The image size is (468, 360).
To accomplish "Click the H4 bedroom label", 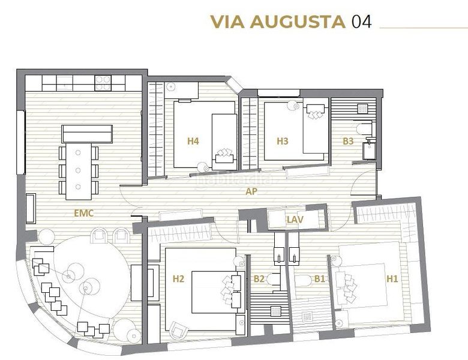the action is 193,141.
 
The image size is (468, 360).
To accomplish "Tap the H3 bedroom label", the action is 283,141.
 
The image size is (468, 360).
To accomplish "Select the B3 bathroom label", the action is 348,141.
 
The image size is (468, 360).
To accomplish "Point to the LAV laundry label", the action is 295,220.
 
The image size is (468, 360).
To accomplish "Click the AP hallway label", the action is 251,191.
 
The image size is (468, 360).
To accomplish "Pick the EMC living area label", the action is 84,213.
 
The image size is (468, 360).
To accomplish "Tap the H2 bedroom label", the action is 178,279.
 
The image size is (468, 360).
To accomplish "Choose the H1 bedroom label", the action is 392,279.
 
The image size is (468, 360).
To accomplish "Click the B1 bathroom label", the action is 320,279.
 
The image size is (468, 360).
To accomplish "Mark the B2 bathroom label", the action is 259,279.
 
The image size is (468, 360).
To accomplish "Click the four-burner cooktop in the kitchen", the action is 103,83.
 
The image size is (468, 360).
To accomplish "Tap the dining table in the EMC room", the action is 79,172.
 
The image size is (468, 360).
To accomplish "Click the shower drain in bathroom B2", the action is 275,311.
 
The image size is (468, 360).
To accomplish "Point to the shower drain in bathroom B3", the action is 363,109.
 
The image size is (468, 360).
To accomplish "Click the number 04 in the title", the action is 361,22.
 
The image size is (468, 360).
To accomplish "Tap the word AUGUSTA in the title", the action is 298,22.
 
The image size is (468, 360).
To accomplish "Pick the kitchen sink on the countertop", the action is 64,83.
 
